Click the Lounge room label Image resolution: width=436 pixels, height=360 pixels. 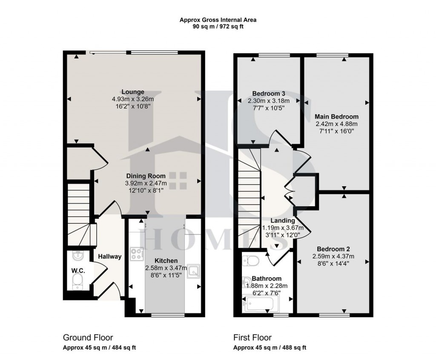[x=133, y=92]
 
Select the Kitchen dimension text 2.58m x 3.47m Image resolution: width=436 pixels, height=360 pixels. [x=166, y=268]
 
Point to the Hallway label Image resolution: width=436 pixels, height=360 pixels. [x=109, y=257]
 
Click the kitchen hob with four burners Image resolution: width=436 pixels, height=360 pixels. [x=137, y=254]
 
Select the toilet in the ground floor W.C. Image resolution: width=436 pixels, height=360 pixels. [x=77, y=281]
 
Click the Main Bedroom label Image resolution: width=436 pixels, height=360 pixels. [x=336, y=117]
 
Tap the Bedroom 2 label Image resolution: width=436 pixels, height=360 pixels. [x=333, y=249]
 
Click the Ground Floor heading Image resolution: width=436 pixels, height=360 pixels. [x=88, y=338]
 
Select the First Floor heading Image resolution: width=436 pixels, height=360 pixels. [x=252, y=338]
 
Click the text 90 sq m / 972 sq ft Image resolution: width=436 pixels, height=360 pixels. [x=218, y=26]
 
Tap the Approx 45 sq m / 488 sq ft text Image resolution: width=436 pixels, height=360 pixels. [x=270, y=348]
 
